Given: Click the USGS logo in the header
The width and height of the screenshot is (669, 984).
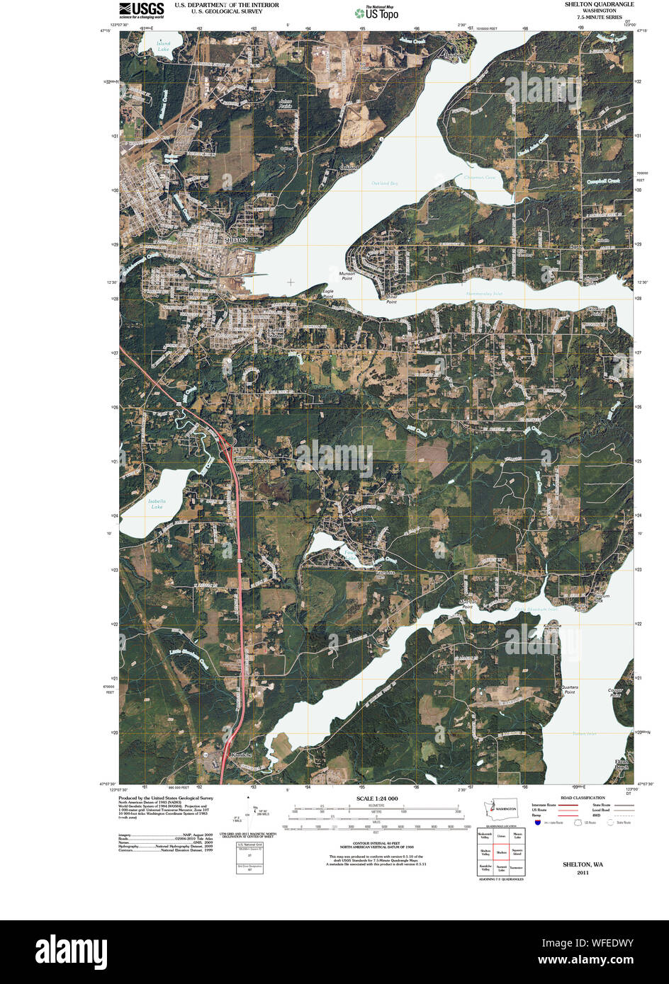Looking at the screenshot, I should coord(141,9).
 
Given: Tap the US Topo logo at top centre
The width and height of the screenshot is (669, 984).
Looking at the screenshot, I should coord(377,13).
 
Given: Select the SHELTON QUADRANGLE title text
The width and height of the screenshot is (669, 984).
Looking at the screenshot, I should coord(599,4).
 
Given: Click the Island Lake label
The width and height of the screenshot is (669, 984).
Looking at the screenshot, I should coord(164,46).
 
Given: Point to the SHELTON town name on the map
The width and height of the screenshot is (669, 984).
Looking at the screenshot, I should coord(237,240).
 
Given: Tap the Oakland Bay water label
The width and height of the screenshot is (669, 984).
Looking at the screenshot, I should coord(385,183).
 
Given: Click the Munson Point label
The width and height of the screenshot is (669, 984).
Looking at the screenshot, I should coord(347,275).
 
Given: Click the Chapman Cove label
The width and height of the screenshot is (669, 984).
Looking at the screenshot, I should coord(480,177).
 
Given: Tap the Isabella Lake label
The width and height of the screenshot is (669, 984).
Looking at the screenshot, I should coord(157,503).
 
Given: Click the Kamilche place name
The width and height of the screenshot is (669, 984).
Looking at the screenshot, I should coord(241,755).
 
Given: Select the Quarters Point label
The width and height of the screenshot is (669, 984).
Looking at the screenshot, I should coord(569,689).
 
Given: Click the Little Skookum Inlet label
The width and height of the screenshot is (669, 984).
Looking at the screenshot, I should coord(536,609).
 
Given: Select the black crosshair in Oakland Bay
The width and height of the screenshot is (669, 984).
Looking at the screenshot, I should coord(290,282).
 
